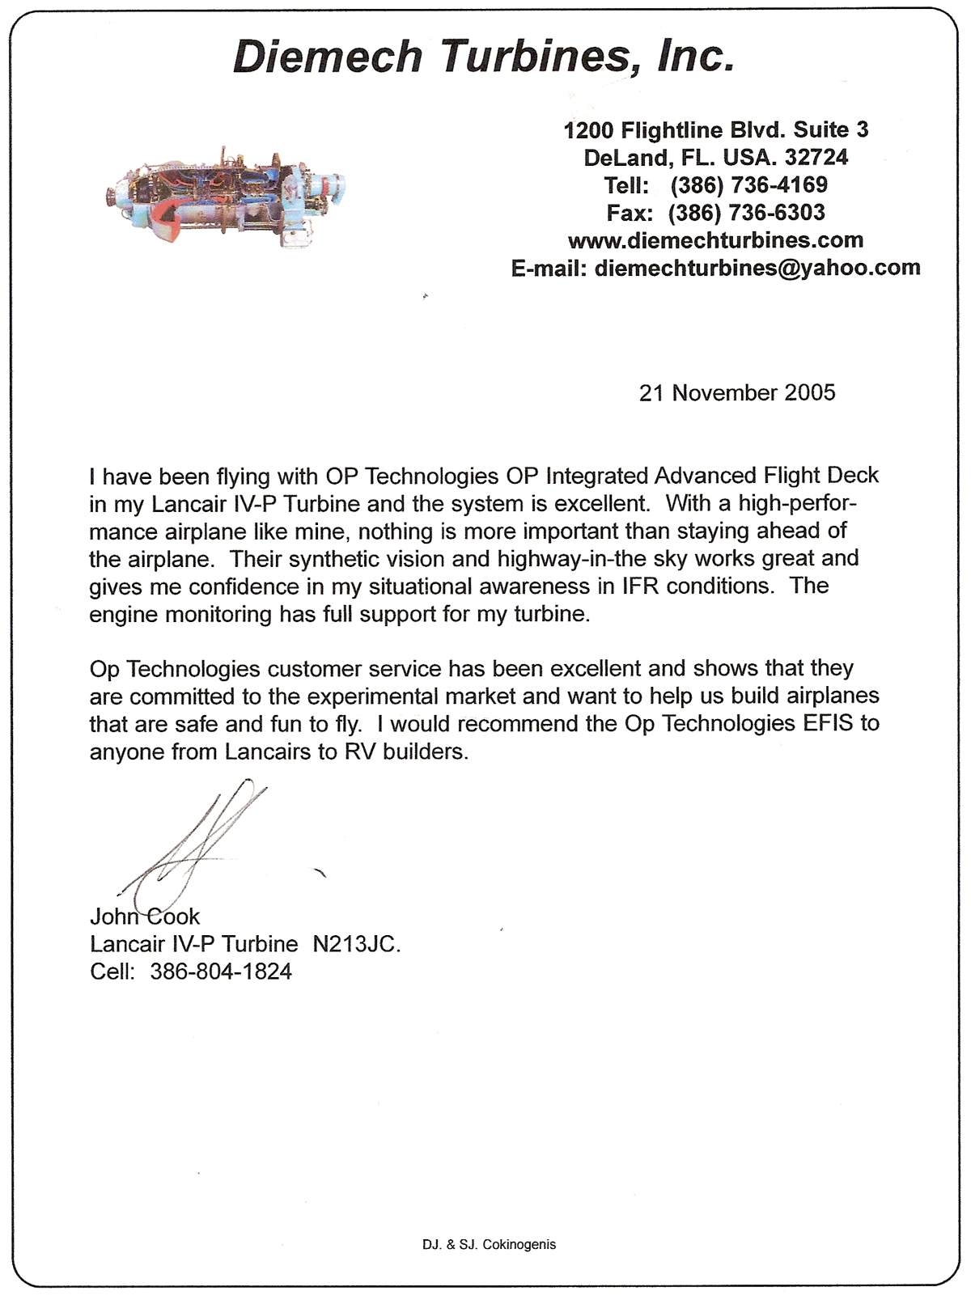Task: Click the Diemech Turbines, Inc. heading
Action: click(x=484, y=57)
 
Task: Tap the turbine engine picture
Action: click(x=227, y=197)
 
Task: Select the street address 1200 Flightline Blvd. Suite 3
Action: click(x=715, y=129)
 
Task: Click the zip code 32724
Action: click(x=816, y=157)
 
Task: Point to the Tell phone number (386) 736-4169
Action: click(x=748, y=185)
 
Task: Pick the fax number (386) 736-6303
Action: click(x=746, y=213)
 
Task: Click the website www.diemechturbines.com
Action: click(x=715, y=240)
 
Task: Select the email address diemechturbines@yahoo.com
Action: click(x=757, y=268)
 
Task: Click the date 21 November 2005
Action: click(x=737, y=393)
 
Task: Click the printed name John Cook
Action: click(x=144, y=917)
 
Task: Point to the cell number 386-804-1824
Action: click(x=221, y=972)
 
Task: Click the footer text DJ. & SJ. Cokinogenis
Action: click(x=489, y=1244)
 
